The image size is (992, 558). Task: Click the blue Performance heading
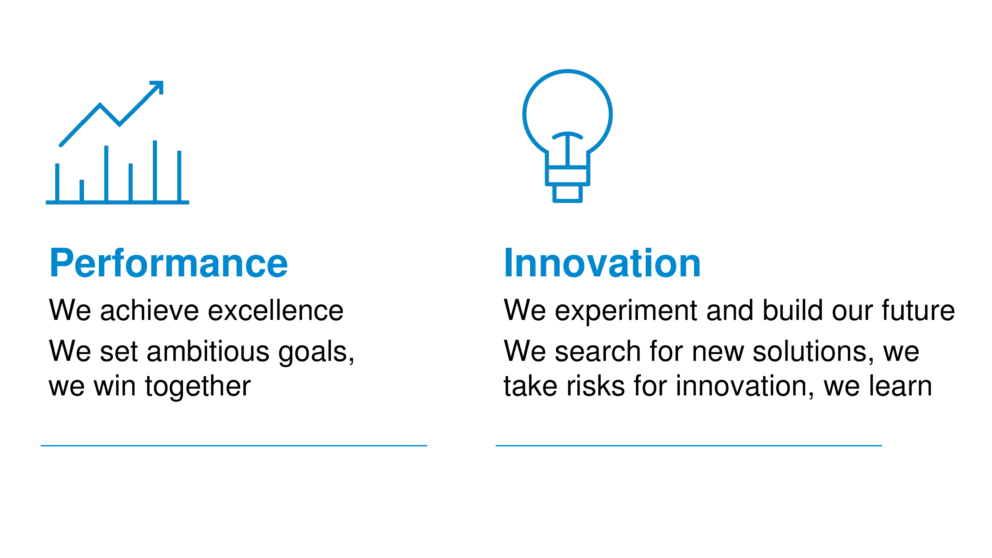click(168, 263)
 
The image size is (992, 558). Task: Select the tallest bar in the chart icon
click(155, 171)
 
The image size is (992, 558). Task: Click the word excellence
click(276, 310)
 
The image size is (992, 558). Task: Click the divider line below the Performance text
click(234, 446)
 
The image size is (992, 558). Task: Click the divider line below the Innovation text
click(688, 446)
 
